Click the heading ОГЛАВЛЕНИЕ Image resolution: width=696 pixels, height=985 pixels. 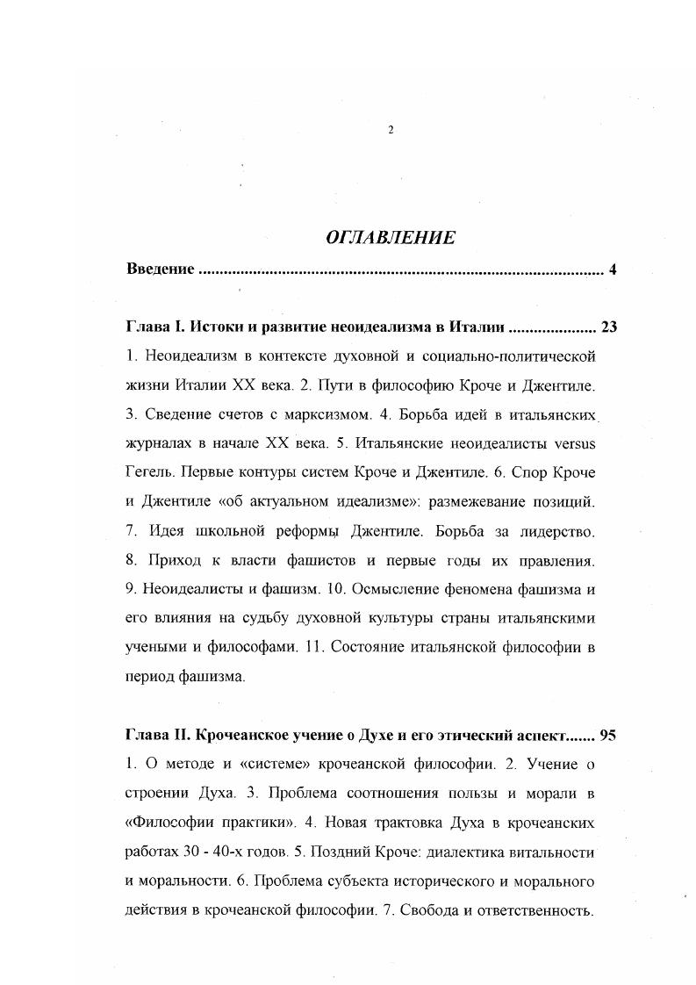pos(390,237)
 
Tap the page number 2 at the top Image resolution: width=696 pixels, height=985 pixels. pos(390,130)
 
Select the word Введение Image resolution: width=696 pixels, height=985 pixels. pos(161,269)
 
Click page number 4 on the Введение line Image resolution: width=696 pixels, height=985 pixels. pos(612,269)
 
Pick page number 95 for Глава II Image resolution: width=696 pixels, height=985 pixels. pos(607,736)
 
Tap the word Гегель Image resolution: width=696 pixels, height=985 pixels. pos(152,472)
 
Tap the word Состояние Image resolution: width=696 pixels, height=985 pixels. pos(383,648)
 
